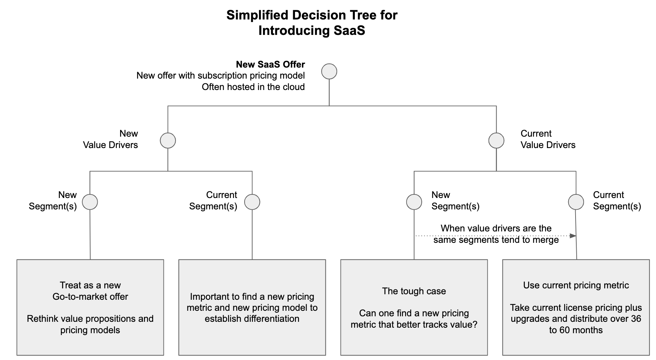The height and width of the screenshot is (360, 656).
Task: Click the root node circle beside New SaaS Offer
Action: click(x=329, y=71)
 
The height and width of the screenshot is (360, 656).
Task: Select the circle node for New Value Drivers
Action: click(x=168, y=140)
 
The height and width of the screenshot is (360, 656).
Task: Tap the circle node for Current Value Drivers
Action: click(x=496, y=140)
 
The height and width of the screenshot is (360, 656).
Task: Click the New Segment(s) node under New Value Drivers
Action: click(x=90, y=202)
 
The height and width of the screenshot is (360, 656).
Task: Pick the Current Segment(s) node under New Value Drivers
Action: click(x=252, y=202)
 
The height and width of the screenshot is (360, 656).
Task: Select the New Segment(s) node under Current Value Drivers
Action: click(x=414, y=202)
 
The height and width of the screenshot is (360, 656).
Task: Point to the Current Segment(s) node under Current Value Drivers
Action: click(x=576, y=202)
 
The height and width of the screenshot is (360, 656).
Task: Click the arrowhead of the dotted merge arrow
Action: click(x=573, y=236)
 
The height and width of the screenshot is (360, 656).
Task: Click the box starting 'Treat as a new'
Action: click(x=90, y=307)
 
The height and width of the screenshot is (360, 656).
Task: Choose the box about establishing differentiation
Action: click(x=252, y=307)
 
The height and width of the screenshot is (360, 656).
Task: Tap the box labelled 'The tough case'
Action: click(x=414, y=307)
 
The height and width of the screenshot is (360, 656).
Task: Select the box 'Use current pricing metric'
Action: click(x=576, y=307)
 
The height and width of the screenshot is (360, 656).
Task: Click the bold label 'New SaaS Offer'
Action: click(x=270, y=65)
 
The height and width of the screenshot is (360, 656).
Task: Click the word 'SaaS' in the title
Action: click(x=349, y=30)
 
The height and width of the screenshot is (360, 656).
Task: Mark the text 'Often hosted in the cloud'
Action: click(x=253, y=87)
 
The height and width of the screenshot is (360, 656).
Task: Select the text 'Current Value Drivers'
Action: click(x=548, y=139)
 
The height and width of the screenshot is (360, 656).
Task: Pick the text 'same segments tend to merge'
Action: click(x=496, y=240)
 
